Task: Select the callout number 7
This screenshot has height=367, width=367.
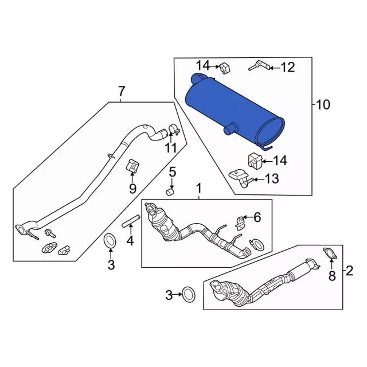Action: (121, 91)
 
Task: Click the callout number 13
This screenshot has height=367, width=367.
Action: (271, 179)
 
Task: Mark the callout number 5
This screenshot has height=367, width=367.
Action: (172, 171)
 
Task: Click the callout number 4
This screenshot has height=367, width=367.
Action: (130, 241)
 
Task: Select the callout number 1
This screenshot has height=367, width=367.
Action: (199, 188)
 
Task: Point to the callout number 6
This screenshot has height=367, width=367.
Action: (257, 217)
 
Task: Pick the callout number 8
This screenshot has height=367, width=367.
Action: (331, 277)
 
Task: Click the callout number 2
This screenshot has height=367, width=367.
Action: (349, 269)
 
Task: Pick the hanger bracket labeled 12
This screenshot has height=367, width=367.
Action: (257, 67)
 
